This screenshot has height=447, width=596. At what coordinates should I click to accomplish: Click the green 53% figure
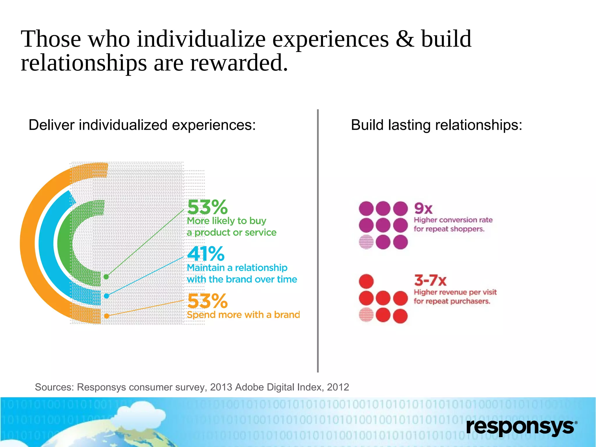click(207, 207)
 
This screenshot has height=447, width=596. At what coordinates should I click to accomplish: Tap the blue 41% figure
click(206, 254)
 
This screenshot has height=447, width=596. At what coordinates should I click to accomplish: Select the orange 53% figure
click(207, 301)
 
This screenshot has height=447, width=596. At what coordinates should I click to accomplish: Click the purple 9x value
click(423, 208)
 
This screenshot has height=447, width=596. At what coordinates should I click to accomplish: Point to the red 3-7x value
click(430, 280)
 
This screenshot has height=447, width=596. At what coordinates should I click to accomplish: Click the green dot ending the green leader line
click(106, 277)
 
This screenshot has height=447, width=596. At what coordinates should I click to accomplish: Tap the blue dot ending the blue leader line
click(107, 296)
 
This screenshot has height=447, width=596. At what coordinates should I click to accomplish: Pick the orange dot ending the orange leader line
click(107, 316)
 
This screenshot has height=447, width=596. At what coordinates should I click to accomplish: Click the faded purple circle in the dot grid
click(366, 242)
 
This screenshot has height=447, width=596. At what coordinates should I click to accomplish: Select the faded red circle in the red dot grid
click(366, 315)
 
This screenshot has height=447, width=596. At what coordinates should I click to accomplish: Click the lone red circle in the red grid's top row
click(366, 281)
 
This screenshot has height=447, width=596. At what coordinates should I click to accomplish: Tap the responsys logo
click(521, 427)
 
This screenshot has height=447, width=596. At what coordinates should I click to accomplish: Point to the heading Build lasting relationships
click(437, 125)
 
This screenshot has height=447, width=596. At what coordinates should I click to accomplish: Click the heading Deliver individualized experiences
click(142, 125)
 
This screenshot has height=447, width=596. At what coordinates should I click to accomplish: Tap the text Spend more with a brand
click(243, 315)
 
